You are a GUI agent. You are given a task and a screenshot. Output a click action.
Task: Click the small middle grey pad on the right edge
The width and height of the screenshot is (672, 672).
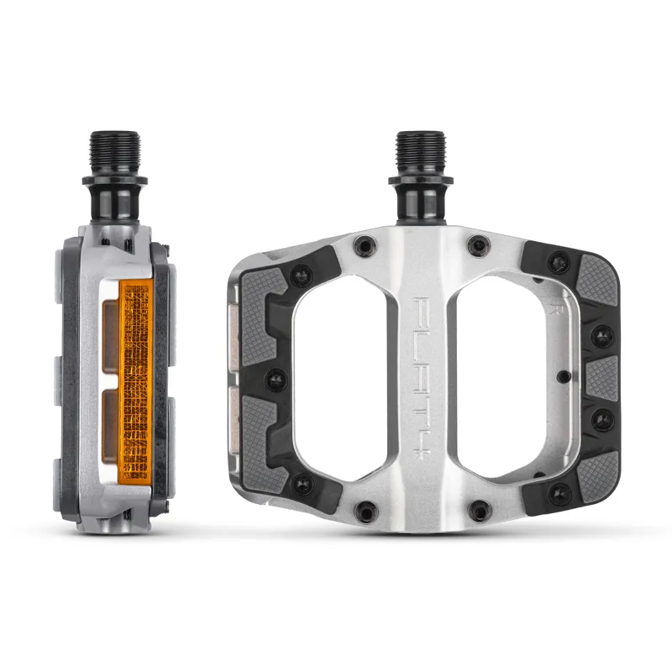[601, 375]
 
